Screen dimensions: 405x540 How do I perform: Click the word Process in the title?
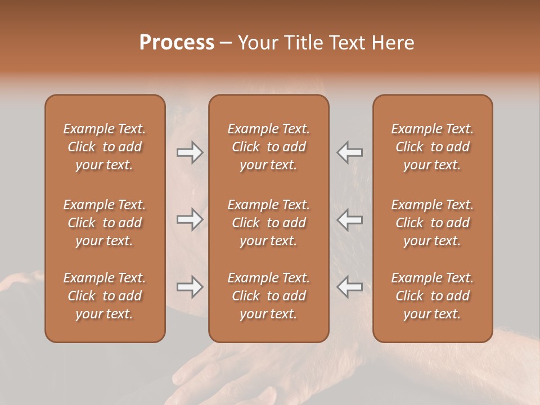(177, 43)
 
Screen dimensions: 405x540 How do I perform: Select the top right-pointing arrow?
(190, 152)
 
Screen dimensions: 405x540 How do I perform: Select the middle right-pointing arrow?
(190, 219)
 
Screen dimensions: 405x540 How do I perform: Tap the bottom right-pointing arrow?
(190, 287)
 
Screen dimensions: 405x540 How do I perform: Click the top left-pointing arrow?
(349, 152)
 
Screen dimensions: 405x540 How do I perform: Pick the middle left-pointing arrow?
(349, 219)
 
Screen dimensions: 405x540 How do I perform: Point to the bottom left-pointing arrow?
(349, 287)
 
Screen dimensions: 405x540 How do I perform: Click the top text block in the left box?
(105, 147)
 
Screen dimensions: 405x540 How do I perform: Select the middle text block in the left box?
(105, 223)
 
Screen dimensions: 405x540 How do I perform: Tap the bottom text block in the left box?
(105, 296)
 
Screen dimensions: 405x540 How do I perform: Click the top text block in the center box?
(268, 147)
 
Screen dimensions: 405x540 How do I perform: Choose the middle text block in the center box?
(268, 223)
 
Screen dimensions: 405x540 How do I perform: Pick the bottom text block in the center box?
(268, 296)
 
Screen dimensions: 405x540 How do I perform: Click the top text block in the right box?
(432, 147)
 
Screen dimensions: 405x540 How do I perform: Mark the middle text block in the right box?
(432, 223)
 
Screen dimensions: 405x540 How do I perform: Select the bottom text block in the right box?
(432, 296)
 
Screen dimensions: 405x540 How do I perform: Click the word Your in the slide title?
(257, 43)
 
